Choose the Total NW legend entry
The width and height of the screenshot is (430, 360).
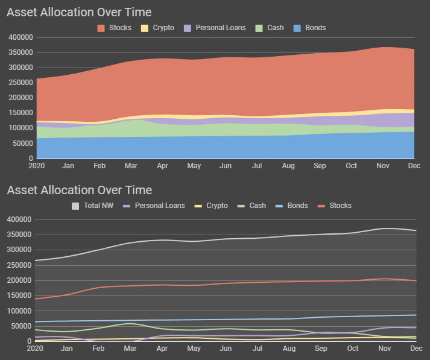95,206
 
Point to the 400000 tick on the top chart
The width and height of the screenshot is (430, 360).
21,37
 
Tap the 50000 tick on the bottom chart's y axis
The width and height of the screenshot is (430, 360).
19,327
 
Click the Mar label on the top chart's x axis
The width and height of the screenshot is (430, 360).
131,165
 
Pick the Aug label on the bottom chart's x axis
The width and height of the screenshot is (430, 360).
289,349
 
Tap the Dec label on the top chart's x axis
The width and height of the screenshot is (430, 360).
414,165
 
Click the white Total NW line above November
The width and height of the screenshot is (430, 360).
384,229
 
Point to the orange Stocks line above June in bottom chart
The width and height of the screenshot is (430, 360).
226,283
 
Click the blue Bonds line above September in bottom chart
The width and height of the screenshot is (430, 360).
321,317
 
